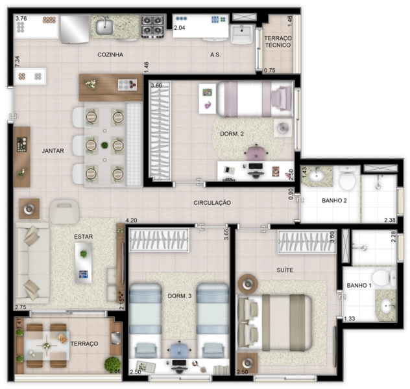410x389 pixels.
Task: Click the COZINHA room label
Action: point(110,54)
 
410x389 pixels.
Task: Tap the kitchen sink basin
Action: point(104,27)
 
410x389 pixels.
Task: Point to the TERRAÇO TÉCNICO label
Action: point(278,41)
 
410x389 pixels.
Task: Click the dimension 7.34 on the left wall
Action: point(18,62)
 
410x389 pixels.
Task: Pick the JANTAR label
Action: point(53,151)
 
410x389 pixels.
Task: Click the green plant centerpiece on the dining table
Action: point(104,145)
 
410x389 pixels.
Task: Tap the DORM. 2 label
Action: point(232,134)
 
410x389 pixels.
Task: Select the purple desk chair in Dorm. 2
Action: point(256,152)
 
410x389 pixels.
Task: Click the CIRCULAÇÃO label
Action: point(212,203)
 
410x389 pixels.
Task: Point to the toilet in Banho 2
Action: point(347,178)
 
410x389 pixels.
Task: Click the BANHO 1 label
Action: point(359,285)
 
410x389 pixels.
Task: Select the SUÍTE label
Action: point(285,270)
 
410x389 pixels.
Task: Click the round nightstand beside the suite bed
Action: point(248,284)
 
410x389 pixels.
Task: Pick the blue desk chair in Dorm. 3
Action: point(179,350)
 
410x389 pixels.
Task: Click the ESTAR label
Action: point(84,237)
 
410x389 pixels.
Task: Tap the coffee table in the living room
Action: point(84,263)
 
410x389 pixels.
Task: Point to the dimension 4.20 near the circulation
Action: point(131,220)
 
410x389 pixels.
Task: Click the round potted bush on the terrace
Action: point(112,364)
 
